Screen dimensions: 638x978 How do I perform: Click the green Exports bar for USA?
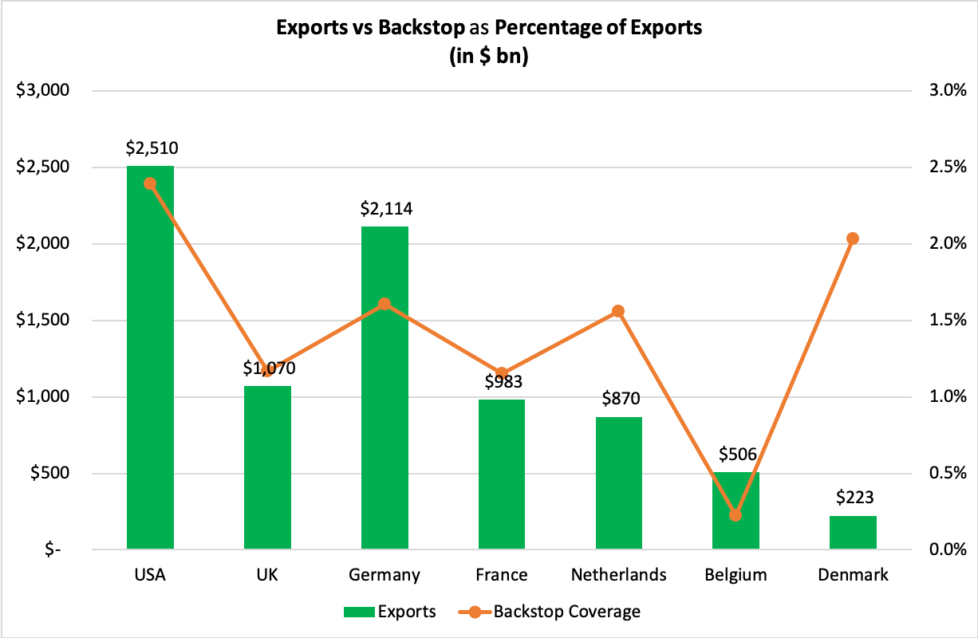tap(150, 359)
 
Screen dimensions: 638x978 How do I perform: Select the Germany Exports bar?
tap(384, 391)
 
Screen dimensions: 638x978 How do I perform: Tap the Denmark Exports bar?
tap(853, 533)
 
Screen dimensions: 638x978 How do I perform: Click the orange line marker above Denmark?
tap(853, 238)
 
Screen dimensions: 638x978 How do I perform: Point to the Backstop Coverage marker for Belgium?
tap(735, 515)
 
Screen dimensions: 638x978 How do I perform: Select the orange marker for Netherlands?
tap(618, 311)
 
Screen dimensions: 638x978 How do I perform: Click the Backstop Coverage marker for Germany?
tap(384, 304)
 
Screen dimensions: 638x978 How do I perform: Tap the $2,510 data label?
tap(152, 148)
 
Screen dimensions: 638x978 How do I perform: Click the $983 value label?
tap(503, 382)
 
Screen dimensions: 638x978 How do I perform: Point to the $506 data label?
tap(737, 455)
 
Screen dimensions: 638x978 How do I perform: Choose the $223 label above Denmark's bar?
tap(854, 498)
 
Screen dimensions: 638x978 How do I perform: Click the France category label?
tap(502, 575)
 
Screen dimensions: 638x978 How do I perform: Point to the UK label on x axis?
tap(267, 575)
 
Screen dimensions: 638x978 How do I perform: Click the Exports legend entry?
tap(390, 612)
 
